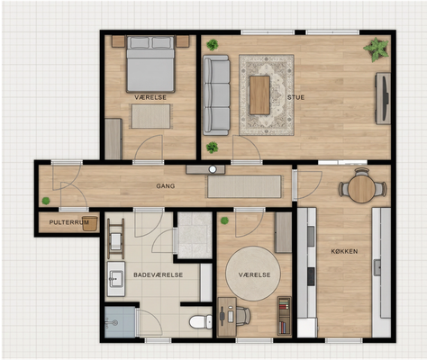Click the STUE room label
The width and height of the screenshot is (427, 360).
click(295, 97)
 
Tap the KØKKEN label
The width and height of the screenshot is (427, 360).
click(344, 251)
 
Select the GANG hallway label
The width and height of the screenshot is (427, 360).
click(166, 186)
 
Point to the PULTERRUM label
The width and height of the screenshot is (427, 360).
click(68, 222)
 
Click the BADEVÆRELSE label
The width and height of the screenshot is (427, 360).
click(159, 274)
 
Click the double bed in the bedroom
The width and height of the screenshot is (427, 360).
click(150, 64)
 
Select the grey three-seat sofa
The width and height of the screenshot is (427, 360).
click(216, 95)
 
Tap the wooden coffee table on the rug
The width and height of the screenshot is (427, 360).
click(259, 95)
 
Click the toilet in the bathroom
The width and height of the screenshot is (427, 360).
click(201, 321)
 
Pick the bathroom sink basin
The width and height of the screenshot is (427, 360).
click(116, 279)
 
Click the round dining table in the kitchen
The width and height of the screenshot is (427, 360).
click(362, 189)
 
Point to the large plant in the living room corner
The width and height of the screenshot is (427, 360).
click(376, 49)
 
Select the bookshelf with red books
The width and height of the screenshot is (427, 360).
click(284, 316)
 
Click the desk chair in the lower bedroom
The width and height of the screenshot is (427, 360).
click(242, 316)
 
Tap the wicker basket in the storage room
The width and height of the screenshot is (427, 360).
click(90, 223)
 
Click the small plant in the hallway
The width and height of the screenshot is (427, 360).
click(46, 201)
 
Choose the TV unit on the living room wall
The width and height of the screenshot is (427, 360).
click(383, 98)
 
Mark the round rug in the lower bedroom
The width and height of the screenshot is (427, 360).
click(253, 274)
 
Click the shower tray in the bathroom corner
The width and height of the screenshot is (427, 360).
click(120, 322)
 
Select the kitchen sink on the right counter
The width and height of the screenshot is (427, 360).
click(377, 267)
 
